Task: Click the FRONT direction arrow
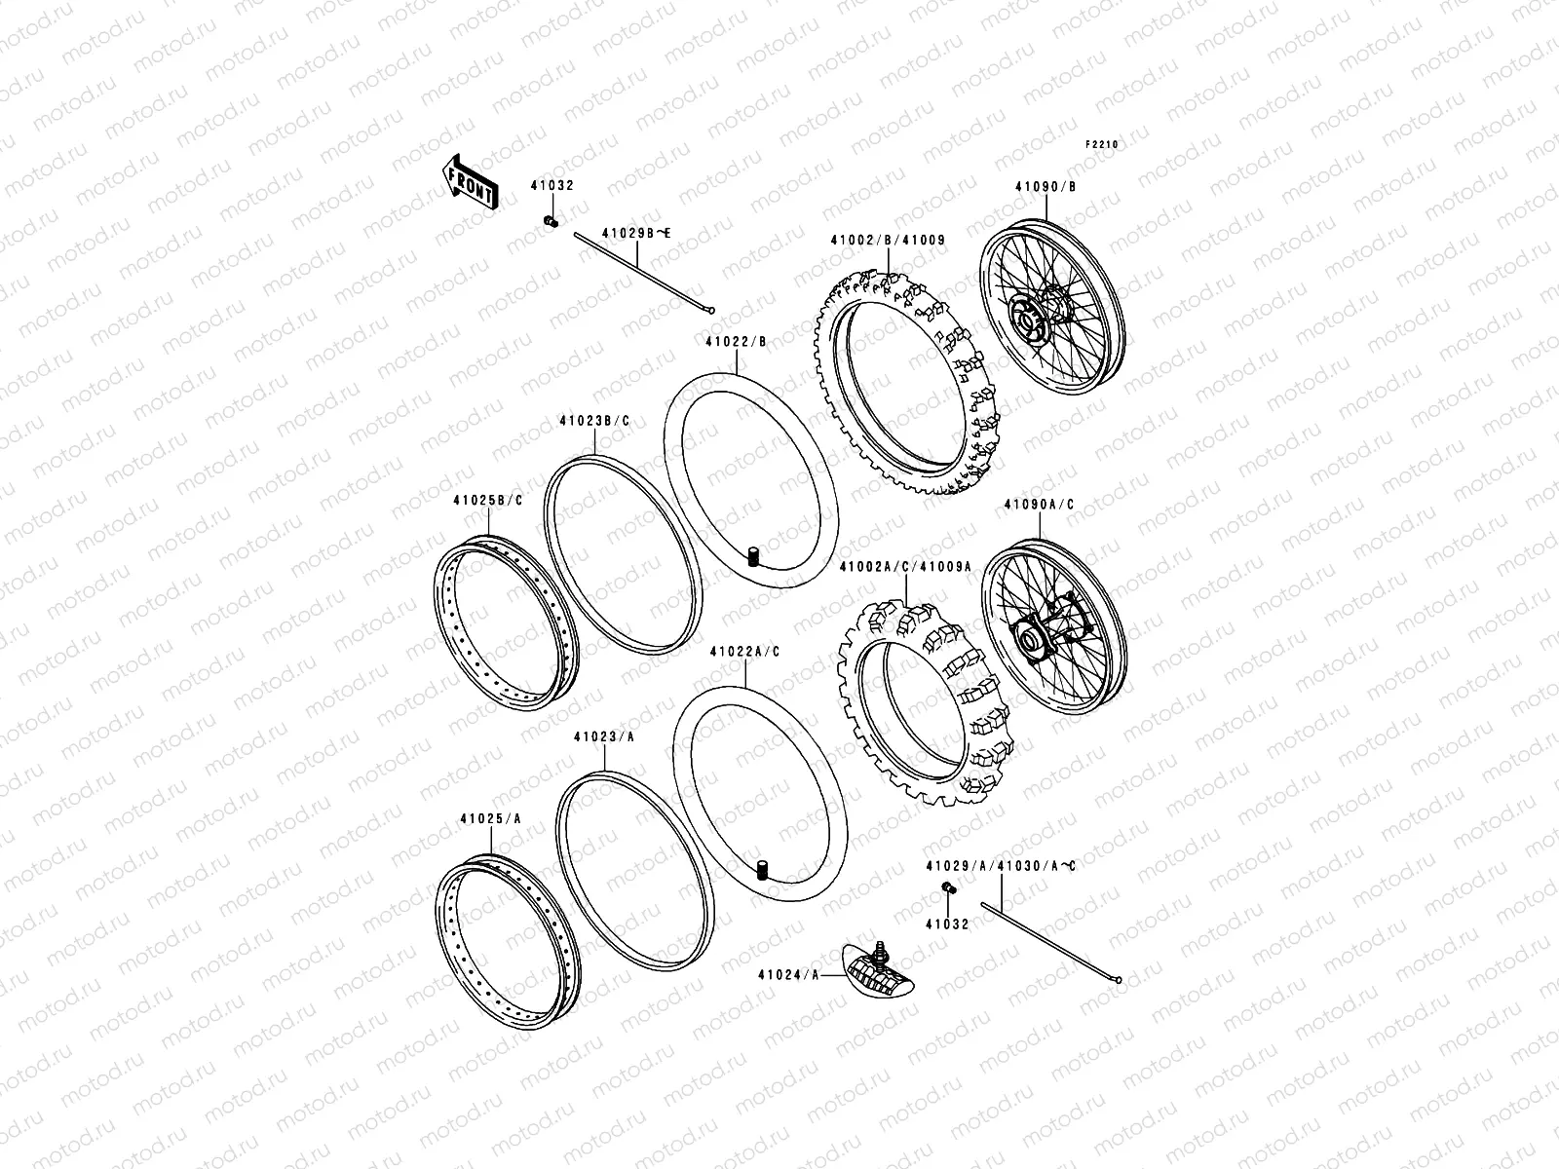click(x=471, y=182)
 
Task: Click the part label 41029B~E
click(x=636, y=233)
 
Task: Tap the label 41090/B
click(x=1046, y=185)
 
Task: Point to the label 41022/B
click(x=736, y=342)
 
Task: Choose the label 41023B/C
click(x=594, y=421)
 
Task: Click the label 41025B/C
click(x=487, y=501)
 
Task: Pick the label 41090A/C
click(x=1039, y=505)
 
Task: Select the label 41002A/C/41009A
click(x=905, y=565)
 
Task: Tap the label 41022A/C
click(x=744, y=651)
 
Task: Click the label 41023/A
click(x=604, y=737)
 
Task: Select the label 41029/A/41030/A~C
click(x=1001, y=865)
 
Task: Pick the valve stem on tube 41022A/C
click(x=763, y=868)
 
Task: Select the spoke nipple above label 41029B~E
click(x=550, y=222)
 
